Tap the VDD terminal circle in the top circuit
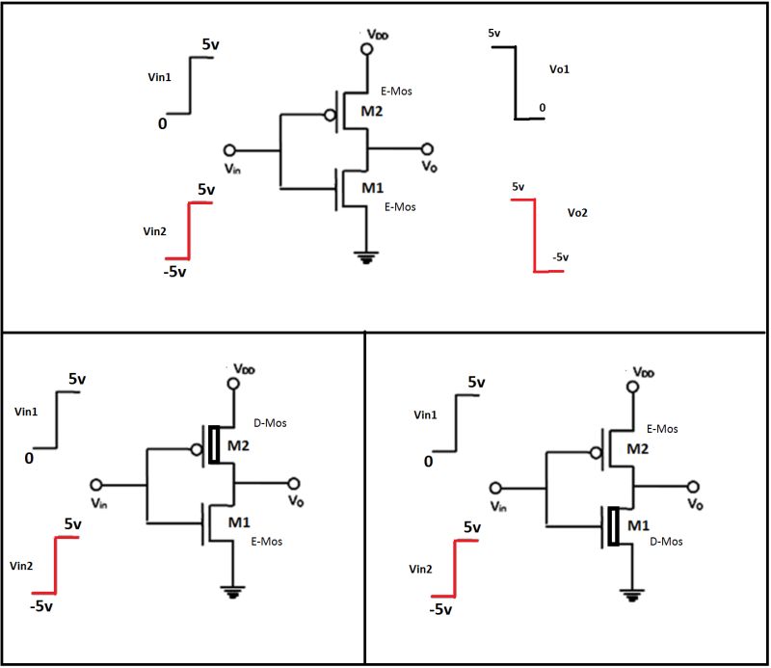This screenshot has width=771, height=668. point(365,48)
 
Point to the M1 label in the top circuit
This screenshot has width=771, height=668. point(374,187)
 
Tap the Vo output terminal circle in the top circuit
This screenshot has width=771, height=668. point(427,149)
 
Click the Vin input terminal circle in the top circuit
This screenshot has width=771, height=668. point(229,150)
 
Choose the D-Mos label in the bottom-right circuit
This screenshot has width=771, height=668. point(666,542)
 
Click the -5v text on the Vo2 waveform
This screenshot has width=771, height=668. point(561,257)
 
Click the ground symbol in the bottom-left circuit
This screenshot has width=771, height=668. point(232,592)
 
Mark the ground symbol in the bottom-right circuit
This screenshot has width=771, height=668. point(631,594)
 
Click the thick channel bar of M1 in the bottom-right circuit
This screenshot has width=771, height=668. point(612,526)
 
